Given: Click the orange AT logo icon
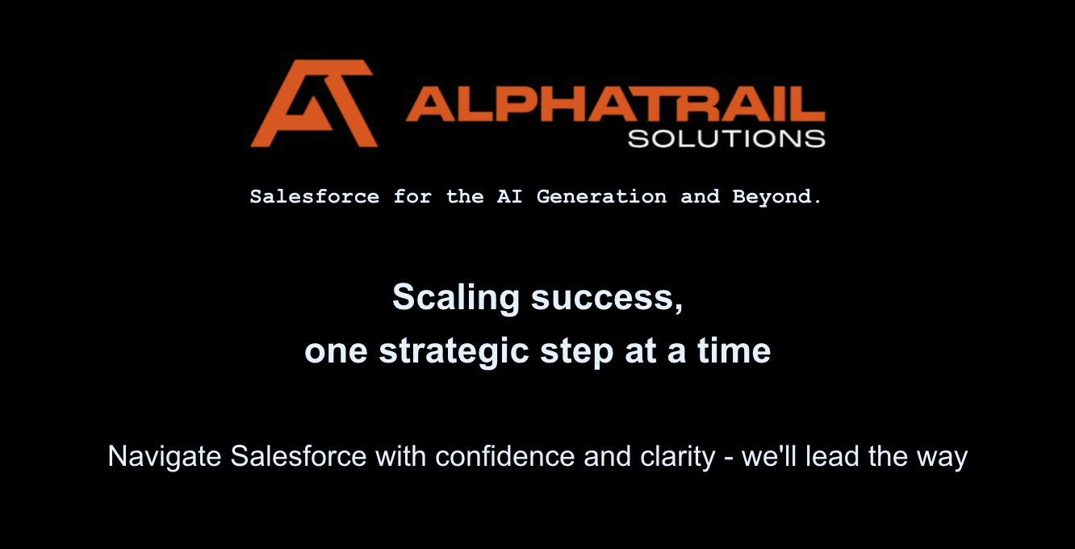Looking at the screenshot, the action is point(314,103).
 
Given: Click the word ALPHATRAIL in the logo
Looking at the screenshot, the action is point(616,103).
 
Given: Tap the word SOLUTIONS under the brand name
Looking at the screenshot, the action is point(726,139).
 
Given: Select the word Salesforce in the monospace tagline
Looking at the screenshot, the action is point(314,197).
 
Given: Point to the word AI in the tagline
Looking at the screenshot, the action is point(510,197).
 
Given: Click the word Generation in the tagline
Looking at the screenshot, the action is point(602,197).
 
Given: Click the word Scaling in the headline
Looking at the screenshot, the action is point(456,298).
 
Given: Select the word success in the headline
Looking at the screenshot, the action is point(607,299).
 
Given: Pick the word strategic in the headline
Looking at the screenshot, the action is point(454,352).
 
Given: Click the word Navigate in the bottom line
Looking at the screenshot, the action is point(164,457).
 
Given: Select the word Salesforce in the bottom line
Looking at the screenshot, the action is point(299,456).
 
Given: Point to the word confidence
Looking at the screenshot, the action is point(505,456).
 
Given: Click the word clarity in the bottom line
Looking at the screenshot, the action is point(678,457).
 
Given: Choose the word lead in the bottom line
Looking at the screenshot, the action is point(832,456).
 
